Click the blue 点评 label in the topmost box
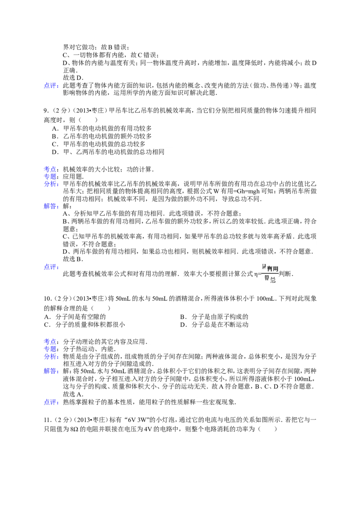52,86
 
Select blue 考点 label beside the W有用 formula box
52,169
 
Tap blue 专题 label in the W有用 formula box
52,176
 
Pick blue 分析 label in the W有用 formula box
52,183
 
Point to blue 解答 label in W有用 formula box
52,205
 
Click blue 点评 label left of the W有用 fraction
52,267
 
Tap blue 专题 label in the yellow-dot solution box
52,348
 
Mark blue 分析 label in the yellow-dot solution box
52,356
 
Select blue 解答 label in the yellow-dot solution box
52,371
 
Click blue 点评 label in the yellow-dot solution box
52,402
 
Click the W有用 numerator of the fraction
270,268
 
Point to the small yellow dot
131,380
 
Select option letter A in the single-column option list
54,128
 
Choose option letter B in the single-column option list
54,136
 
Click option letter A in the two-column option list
46,316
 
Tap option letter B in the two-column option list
182,316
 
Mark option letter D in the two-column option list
182,324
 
